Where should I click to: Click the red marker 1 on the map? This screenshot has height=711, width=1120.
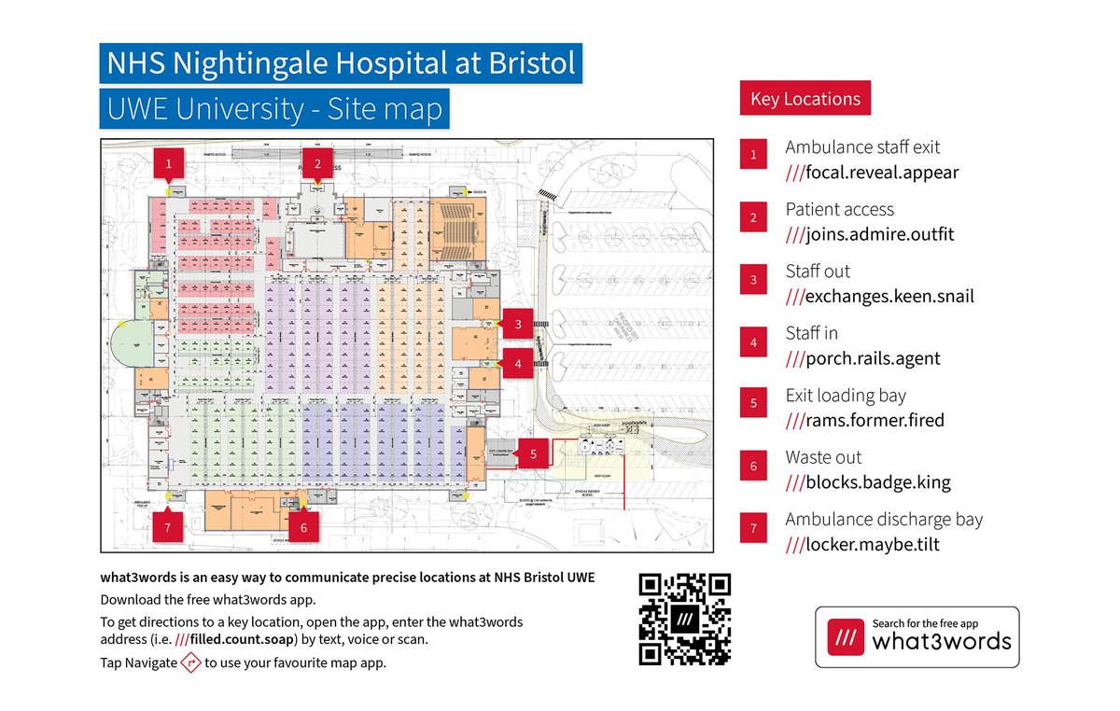pyautogui.click(x=169, y=162)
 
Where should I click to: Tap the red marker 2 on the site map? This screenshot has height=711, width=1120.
pyautogui.click(x=318, y=163)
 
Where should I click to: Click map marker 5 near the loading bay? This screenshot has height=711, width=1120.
pyautogui.click(x=533, y=454)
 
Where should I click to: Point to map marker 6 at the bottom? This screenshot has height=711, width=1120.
pyautogui.click(x=303, y=526)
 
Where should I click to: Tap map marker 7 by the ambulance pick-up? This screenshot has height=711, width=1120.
pyautogui.click(x=168, y=526)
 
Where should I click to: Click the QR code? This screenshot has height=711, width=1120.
pyautogui.click(x=684, y=620)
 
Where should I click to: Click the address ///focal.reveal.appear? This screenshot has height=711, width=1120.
pyautogui.click(x=872, y=173)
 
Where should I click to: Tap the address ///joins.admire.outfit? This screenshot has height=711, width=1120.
pyautogui.click(x=869, y=234)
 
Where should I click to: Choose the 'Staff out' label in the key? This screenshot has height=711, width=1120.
pyautogui.click(x=818, y=272)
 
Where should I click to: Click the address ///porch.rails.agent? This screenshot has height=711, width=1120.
pyautogui.click(x=862, y=358)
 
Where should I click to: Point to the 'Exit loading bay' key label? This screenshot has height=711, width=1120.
pyautogui.click(x=846, y=396)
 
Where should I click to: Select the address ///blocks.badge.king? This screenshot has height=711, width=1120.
pyautogui.click(x=868, y=482)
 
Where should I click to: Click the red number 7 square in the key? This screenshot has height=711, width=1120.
pyautogui.click(x=753, y=530)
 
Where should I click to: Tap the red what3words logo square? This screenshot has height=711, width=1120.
pyautogui.click(x=844, y=636)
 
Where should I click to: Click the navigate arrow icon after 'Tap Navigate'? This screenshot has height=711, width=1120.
pyautogui.click(x=190, y=663)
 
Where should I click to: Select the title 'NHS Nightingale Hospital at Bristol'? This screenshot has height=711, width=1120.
pyautogui.click(x=341, y=64)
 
